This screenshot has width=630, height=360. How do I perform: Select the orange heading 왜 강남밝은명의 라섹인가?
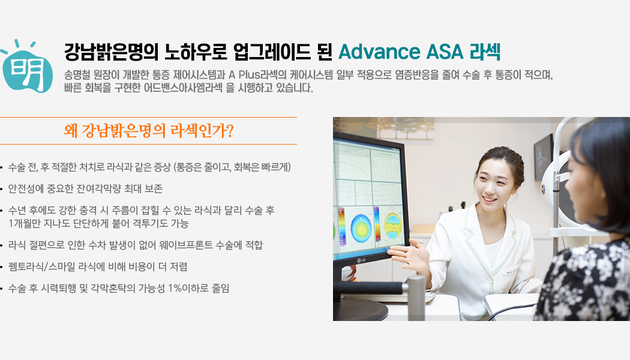coord(149,131)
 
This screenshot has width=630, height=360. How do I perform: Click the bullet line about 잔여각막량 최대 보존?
coord(85,188)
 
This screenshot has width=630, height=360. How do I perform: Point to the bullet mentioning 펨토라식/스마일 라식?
coord(98,266)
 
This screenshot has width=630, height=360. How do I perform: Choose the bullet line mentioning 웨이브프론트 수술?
coord(136,245)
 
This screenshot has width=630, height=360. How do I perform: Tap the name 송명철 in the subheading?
coord(77,75)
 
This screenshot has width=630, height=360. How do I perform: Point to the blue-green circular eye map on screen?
coord(361,227)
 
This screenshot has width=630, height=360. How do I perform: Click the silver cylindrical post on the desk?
coord(416,298)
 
